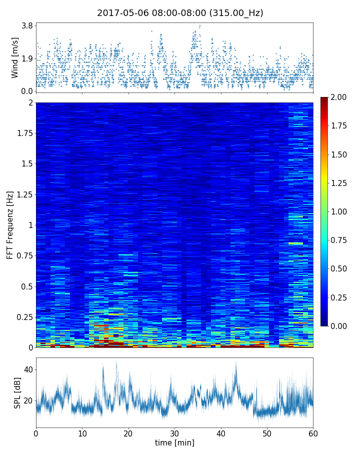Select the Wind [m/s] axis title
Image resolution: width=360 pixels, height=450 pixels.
(x=15, y=57)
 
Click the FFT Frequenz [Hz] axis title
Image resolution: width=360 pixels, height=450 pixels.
(x=10, y=224)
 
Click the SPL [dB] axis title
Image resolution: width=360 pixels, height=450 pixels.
(x=17, y=392)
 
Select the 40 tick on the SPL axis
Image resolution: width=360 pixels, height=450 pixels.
(x=28, y=369)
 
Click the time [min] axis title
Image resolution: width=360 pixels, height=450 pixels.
(x=174, y=442)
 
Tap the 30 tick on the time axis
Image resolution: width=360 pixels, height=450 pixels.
(x=174, y=432)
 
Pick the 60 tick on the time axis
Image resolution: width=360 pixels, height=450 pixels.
(x=313, y=432)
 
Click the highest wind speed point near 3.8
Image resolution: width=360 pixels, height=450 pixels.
(x=199, y=26)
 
